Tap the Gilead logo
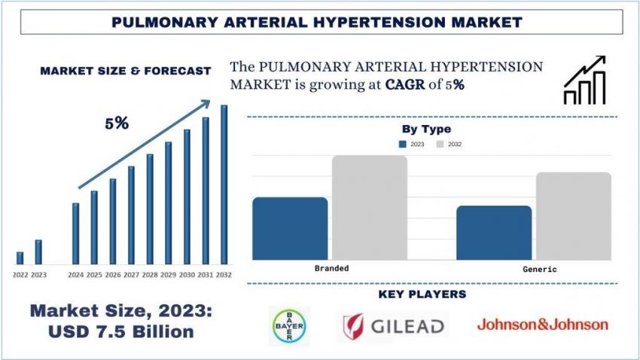click(392, 326)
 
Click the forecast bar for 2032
click(224, 185)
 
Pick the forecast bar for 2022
click(20, 258)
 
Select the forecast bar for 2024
click(75, 233)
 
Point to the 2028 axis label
click(150, 275)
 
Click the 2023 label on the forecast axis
click(38, 275)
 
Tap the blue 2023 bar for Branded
click(290, 228)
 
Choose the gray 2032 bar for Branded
click(369, 208)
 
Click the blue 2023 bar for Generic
click(494, 233)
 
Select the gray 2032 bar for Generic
click(573, 216)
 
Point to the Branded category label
click(331, 268)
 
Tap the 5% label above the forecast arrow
click(116, 124)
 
